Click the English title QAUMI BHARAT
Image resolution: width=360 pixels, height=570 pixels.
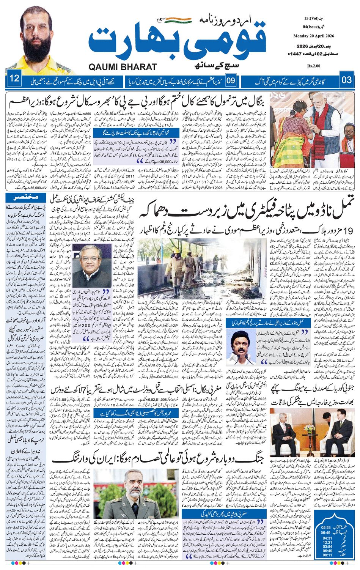(123, 67)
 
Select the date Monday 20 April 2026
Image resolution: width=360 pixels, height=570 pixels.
(313, 36)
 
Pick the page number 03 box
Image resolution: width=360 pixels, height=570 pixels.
(347, 80)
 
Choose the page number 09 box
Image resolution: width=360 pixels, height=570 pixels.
(231, 80)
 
